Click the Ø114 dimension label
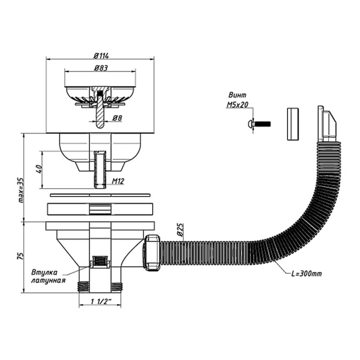(101, 56)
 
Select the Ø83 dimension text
(101, 68)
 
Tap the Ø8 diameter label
(118, 118)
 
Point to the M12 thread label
(118, 181)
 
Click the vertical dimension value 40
(40, 169)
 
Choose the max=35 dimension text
(21, 190)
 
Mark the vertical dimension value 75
(20, 256)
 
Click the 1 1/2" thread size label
(101, 301)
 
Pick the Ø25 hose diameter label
(181, 230)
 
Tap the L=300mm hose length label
(306, 274)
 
